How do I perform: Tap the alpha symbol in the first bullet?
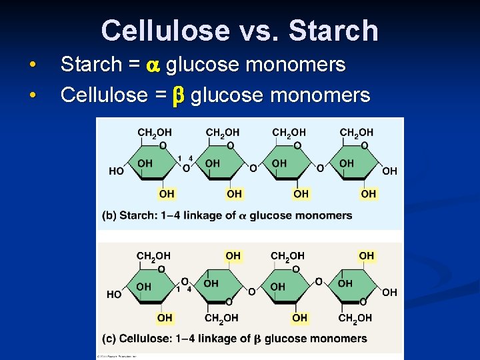[x=153, y=65]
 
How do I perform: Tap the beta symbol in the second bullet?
[x=177, y=95]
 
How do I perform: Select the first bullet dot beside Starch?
[x=32, y=65]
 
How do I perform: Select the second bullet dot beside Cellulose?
[x=32, y=95]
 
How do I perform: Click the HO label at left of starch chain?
[x=116, y=171]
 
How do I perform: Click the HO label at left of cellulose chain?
[x=114, y=294]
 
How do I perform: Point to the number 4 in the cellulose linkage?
[x=189, y=289]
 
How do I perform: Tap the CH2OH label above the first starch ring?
[x=154, y=133]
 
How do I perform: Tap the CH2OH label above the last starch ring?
[x=357, y=133]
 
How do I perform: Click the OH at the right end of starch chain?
[x=390, y=171]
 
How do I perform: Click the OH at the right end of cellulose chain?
[x=390, y=292]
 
